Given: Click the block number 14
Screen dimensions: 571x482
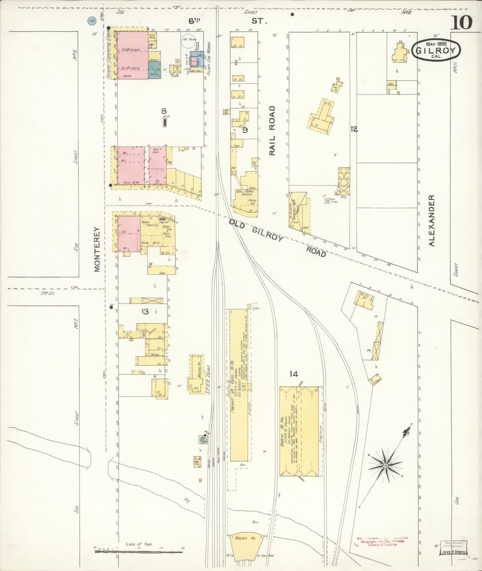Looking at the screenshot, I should [293, 373].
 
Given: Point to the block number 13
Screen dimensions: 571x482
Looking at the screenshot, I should [145, 312].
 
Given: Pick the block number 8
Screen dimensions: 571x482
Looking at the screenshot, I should [164, 111].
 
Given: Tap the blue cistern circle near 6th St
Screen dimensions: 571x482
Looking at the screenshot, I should [92, 21].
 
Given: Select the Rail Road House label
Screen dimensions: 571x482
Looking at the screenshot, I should [244, 193].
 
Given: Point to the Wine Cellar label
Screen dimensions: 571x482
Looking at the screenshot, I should [156, 150].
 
